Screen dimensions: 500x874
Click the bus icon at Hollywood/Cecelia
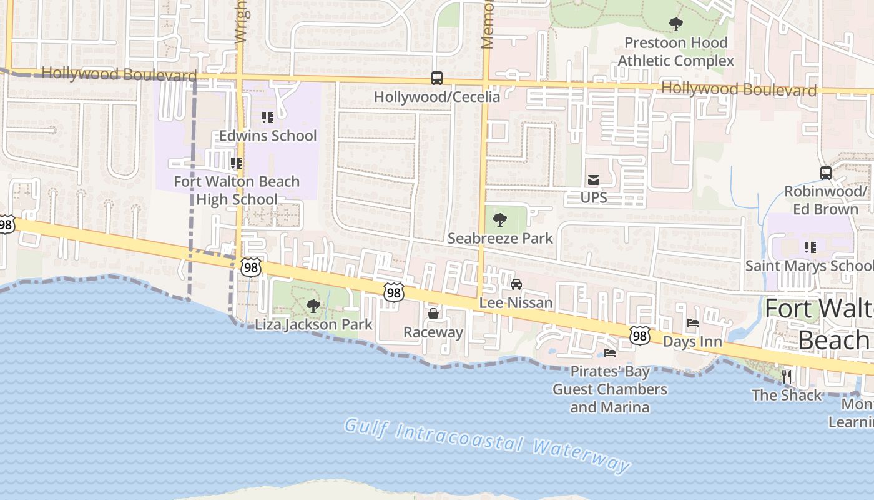pyautogui.click(x=437, y=78)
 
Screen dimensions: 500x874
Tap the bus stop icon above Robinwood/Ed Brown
pyautogui.click(x=825, y=173)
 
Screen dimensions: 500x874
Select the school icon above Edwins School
pyautogui.click(x=268, y=117)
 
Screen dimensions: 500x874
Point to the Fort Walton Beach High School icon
pyautogui.click(x=237, y=163)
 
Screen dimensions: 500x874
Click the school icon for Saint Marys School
pyautogui.click(x=810, y=247)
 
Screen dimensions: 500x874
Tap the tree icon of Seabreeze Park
pyautogui.click(x=499, y=220)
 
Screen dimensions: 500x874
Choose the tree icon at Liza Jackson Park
pyautogui.click(x=313, y=306)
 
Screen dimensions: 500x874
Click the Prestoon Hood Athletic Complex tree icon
pyautogui.click(x=675, y=24)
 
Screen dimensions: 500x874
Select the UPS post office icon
pyautogui.click(x=593, y=180)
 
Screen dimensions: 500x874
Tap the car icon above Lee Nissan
pyautogui.click(x=516, y=284)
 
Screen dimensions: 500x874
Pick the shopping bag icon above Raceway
pyautogui.click(x=433, y=314)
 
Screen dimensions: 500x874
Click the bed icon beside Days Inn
pyautogui.click(x=692, y=324)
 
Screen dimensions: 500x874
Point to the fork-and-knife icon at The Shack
pyautogui.click(x=787, y=376)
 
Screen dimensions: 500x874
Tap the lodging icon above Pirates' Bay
pyautogui.click(x=610, y=353)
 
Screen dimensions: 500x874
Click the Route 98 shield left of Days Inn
pyautogui.click(x=639, y=336)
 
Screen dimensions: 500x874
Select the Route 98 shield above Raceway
pyautogui.click(x=394, y=292)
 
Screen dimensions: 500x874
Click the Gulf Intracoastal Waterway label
pyautogui.click(x=487, y=445)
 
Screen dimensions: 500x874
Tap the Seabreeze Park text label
pyautogui.click(x=500, y=238)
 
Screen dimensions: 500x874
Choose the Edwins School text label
pyautogui.click(x=268, y=136)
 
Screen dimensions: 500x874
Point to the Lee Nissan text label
pyautogui.click(x=516, y=303)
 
